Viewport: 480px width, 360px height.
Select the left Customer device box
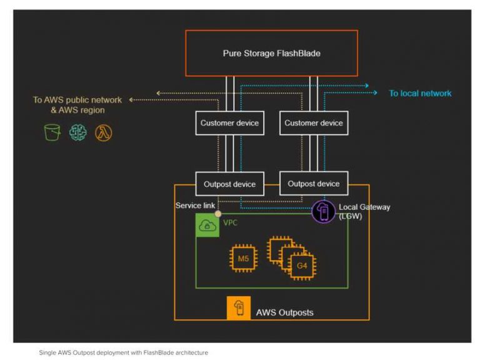(229, 123)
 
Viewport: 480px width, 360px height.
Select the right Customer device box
(314, 123)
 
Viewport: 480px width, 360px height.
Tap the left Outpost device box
(229, 184)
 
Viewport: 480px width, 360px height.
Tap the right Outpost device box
(314, 184)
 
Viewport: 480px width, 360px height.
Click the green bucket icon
(52, 132)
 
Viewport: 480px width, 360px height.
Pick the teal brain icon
(77, 132)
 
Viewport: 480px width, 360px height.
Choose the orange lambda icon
(103, 132)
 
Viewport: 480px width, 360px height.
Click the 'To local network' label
(420, 93)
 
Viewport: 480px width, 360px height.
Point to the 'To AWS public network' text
(77, 100)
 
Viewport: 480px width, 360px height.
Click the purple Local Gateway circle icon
(324, 211)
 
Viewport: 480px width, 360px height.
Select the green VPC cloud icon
(207, 226)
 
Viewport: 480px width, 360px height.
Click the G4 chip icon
(301, 265)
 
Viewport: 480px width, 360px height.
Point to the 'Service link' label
(196, 206)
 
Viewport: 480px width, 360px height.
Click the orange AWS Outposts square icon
(239, 308)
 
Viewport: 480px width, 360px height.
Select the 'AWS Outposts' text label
(284, 312)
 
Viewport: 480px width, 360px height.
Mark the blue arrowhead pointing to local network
(375, 93)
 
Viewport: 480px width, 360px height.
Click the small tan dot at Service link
(217, 214)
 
